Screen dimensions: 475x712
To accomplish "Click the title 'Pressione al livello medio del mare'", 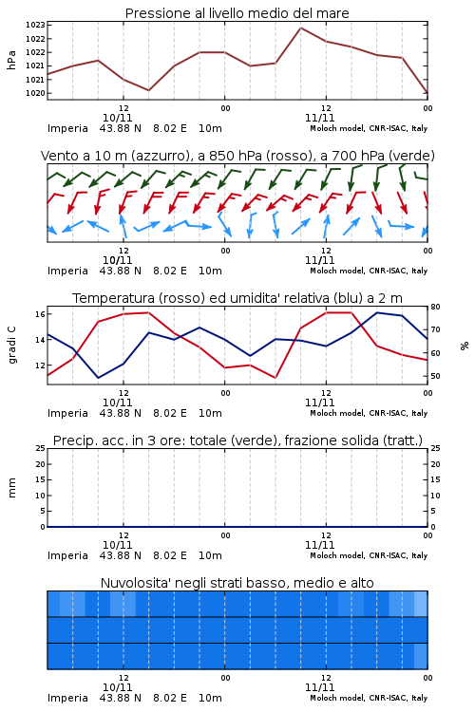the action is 237,13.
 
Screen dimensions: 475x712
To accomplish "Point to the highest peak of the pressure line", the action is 301,28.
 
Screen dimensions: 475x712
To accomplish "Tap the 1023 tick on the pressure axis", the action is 35,25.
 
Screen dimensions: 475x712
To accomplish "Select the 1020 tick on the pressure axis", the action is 35,93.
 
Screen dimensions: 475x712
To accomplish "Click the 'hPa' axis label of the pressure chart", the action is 11,60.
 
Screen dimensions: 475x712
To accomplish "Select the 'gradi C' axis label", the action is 12,345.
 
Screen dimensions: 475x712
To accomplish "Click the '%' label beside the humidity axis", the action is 465,346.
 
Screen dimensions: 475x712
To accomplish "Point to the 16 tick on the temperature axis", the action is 40,314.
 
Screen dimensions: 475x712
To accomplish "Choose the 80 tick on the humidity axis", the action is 435,307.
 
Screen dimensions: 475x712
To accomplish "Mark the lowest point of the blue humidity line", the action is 99,378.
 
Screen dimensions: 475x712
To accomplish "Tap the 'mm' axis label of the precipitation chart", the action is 11,488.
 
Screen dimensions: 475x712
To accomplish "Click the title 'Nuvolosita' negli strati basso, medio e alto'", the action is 237,583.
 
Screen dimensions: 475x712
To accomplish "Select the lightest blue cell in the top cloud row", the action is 421,604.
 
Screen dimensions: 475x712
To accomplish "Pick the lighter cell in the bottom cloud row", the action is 421,656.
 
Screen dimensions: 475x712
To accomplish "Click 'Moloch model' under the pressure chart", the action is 337,128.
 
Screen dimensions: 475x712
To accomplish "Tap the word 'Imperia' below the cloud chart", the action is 67,698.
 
